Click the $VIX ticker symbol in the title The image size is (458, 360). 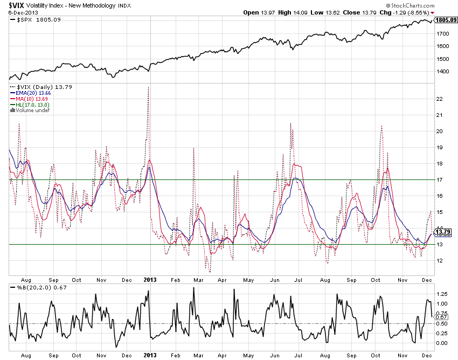pos(11,4)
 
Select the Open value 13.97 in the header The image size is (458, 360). pos(267,12)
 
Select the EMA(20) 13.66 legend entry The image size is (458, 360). pos(30,93)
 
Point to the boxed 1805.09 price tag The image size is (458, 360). pos(447,20)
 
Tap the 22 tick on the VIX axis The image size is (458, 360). pos(439,99)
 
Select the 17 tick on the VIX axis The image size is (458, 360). pos(439,179)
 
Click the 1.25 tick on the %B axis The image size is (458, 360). pos(442,294)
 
